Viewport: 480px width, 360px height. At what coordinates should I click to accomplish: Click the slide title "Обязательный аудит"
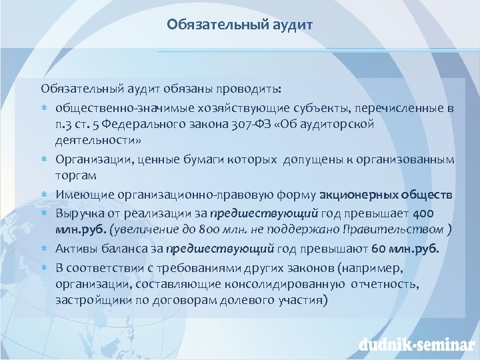tap(239, 25)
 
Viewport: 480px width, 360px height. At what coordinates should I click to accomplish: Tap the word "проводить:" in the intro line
tap(253, 89)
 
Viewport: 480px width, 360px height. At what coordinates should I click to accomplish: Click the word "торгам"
tap(76, 176)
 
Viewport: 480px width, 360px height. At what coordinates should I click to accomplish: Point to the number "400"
tap(423, 212)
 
